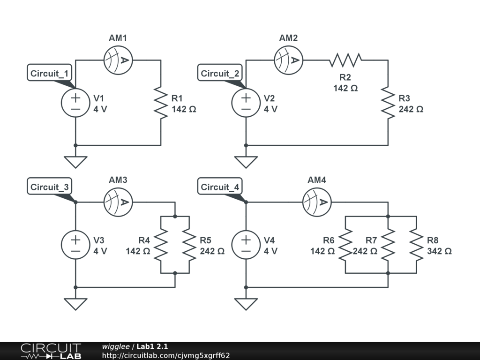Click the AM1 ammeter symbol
click(118, 60)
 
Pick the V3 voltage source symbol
click(75, 245)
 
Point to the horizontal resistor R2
click(345, 60)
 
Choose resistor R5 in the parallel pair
click(189, 245)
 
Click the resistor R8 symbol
click(416, 245)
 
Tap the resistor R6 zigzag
click(345, 245)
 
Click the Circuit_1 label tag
click(50, 74)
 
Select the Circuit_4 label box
click(220, 187)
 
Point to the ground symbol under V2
click(246, 162)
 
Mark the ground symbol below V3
click(75, 304)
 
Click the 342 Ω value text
click(439, 251)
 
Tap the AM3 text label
click(118, 180)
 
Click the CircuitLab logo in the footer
click(51, 351)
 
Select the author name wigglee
click(116, 347)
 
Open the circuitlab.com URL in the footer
click(166, 355)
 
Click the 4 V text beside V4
click(270, 251)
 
